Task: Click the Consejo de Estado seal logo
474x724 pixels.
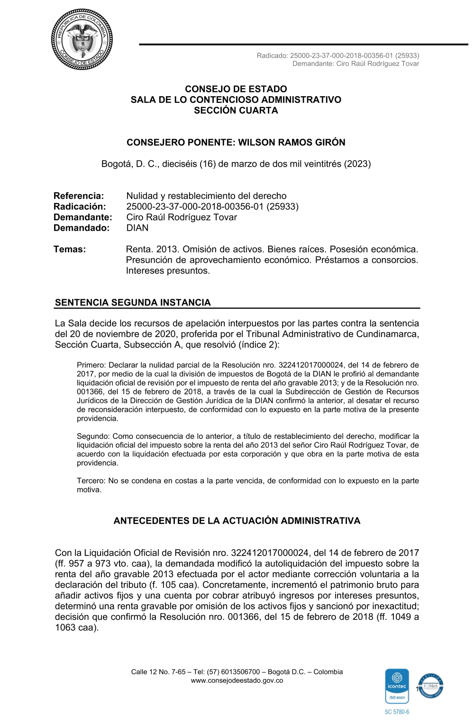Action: [x=82, y=39]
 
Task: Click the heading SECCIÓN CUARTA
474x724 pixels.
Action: [x=236, y=110]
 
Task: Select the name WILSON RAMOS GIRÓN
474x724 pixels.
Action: [x=292, y=142]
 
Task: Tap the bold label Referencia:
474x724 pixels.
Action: [x=79, y=196]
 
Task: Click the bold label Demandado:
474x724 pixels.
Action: [x=82, y=228]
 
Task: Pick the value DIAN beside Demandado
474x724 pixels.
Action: [x=137, y=228]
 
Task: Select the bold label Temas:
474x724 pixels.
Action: [x=70, y=249]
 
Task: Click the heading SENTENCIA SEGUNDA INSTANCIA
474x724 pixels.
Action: [x=133, y=303]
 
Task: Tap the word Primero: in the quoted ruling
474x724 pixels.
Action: [x=91, y=365]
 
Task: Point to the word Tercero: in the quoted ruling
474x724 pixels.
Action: [x=91, y=481]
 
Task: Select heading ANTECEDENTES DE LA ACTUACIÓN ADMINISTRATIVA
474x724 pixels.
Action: [x=237, y=521]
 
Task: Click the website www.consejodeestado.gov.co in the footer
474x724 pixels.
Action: [x=237, y=680]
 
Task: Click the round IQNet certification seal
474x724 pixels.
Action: [x=430, y=686]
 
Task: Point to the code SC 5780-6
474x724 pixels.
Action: [x=397, y=712]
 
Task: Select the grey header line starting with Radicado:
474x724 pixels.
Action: [x=337, y=55]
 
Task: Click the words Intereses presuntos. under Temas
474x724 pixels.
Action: [x=168, y=271]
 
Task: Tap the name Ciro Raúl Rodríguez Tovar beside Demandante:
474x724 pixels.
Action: [x=182, y=217]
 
